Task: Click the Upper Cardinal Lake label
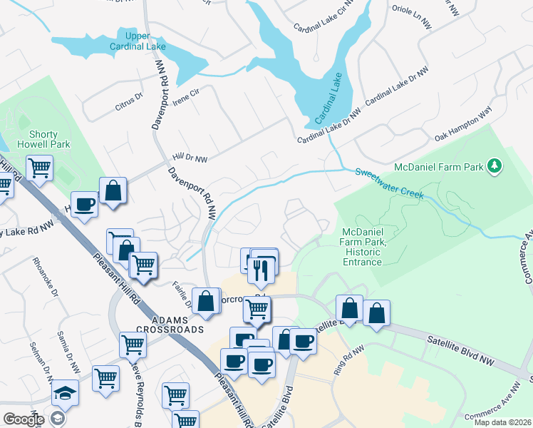pos(139,41)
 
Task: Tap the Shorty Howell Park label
pos(49,139)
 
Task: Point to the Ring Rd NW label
pos(349,361)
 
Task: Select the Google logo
pos(23,419)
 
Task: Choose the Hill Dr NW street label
pos(190,157)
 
